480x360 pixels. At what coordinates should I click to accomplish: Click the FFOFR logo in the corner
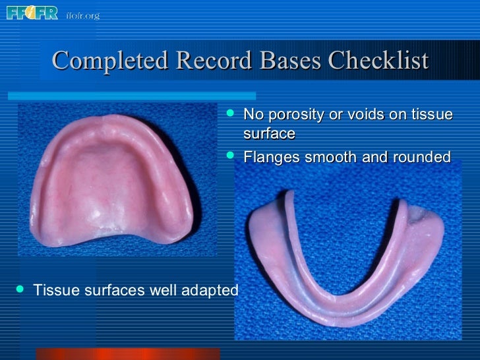click(32, 13)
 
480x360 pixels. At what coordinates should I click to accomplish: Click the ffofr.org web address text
click(82, 15)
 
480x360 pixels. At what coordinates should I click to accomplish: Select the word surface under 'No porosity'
click(269, 134)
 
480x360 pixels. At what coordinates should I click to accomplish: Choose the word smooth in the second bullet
click(328, 158)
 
